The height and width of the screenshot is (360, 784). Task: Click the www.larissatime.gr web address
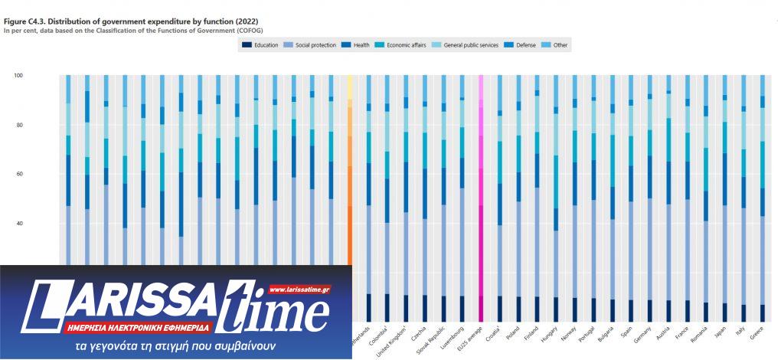(x=299, y=290)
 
